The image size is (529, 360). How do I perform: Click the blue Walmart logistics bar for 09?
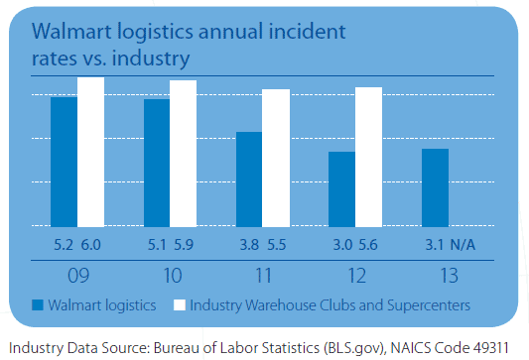tap(64, 162)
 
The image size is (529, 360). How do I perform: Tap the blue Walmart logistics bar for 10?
tap(157, 163)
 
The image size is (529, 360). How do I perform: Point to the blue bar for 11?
tap(249, 180)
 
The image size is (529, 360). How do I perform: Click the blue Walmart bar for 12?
tap(341, 189)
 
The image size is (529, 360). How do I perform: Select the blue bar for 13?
tap(435, 187)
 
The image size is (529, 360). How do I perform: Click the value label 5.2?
tap(63, 243)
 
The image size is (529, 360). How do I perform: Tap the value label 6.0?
tap(90, 243)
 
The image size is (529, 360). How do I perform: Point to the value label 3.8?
tap(248, 243)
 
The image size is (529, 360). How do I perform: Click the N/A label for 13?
tap(463, 243)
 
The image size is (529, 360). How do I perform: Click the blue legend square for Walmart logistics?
tap(39, 304)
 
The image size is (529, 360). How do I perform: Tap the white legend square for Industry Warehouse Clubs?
tap(180, 304)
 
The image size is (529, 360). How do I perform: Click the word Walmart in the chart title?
tap(73, 33)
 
